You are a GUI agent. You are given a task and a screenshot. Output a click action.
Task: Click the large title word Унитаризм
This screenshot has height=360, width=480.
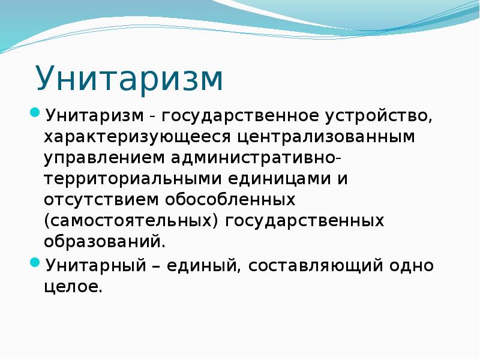tap(129, 79)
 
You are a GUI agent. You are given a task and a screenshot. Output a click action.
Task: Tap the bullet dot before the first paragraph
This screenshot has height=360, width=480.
tap(35, 113)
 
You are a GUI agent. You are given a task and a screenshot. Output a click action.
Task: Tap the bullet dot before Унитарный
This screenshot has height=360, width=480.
tap(35, 262)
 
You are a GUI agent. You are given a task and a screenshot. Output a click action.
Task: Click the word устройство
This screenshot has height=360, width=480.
tap(379, 116)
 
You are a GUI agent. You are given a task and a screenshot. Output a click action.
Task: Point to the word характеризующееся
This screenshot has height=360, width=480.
tap(137, 137)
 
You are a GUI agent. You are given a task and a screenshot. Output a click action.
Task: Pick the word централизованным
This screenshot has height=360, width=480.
tap(326, 137)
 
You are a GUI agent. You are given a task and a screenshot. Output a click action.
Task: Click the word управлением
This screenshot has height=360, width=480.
tap(104, 158)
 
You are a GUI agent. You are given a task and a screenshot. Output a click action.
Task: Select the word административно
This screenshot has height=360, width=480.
tap(253, 157)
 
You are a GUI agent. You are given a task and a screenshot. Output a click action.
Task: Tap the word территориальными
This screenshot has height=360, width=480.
tap(133, 179)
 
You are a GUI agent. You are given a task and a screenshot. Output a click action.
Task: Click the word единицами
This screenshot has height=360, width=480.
tap(280, 179)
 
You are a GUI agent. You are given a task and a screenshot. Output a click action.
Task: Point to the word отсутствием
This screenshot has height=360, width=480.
tap(101, 200)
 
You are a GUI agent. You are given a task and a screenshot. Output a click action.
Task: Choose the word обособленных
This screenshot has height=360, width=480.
tap(230, 199)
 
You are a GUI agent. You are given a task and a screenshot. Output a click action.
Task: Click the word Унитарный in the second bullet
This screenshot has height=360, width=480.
tap(96, 265)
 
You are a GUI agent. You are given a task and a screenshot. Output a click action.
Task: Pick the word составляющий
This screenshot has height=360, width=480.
tap(316, 266)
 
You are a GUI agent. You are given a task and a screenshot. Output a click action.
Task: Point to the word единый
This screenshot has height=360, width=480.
tap(202, 266)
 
